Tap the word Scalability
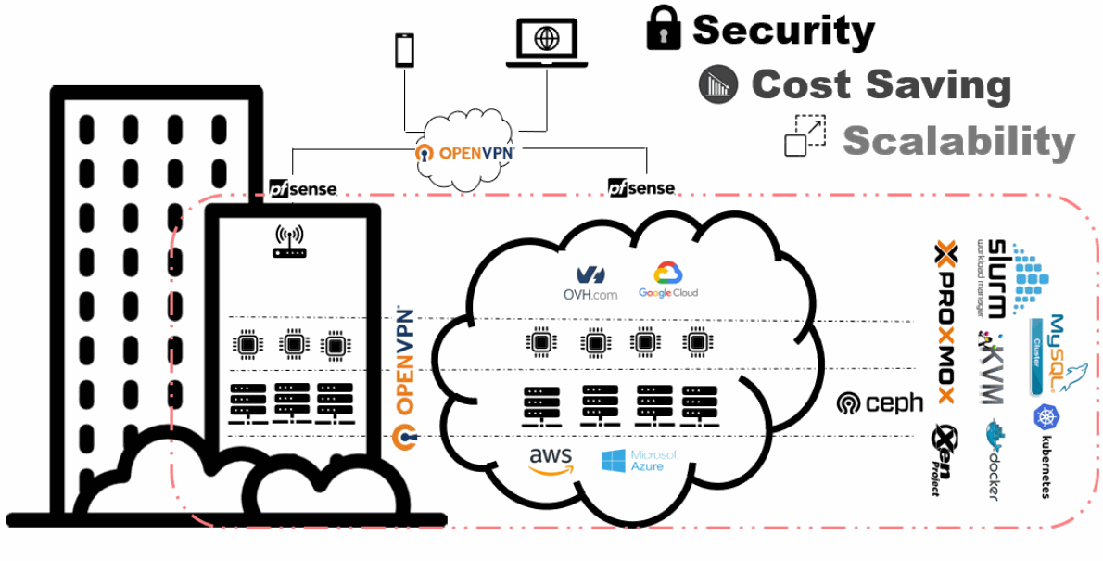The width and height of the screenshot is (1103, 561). (958, 141)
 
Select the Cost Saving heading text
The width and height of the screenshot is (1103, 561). (881, 84)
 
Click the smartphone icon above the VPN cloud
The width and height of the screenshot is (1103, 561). (405, 50)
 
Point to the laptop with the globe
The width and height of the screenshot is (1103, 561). (547, 45)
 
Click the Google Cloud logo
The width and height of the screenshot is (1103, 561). (667, 280)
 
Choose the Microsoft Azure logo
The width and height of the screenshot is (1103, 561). (640, 461)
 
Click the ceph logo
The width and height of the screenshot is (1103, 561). (880, 402)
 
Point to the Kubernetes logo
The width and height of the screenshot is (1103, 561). (1046, 451)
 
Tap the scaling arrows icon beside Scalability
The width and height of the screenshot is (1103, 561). (805, 135)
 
